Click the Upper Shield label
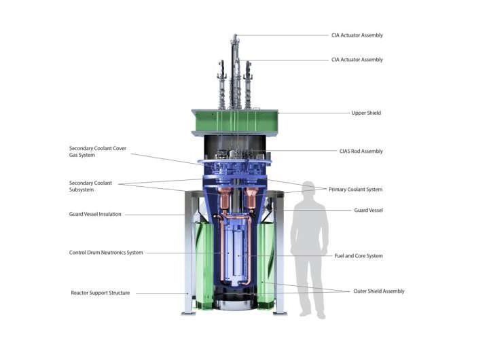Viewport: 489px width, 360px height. coord(366,113)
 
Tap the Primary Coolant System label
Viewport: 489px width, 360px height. coord(355,190)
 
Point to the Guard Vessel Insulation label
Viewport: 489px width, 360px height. coord(95,214)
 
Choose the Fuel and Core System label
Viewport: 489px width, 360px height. coord(359,256)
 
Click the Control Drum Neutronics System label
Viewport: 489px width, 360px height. coord(107,253)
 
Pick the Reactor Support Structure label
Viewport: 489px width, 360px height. coord(100,293)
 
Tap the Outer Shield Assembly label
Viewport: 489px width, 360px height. coord(378,291)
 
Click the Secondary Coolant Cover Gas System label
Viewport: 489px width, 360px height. coord(98,151)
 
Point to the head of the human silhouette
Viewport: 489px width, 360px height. coord(309,191)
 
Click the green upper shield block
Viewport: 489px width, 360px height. coord(234,122)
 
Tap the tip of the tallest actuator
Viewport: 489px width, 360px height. coord(234,35)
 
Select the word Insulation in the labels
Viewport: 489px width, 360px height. coord(109,214)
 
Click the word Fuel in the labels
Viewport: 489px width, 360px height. coord(340,256)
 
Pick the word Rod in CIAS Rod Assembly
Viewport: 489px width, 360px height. coord(351,151)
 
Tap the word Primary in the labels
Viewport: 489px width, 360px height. coord(339,190)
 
